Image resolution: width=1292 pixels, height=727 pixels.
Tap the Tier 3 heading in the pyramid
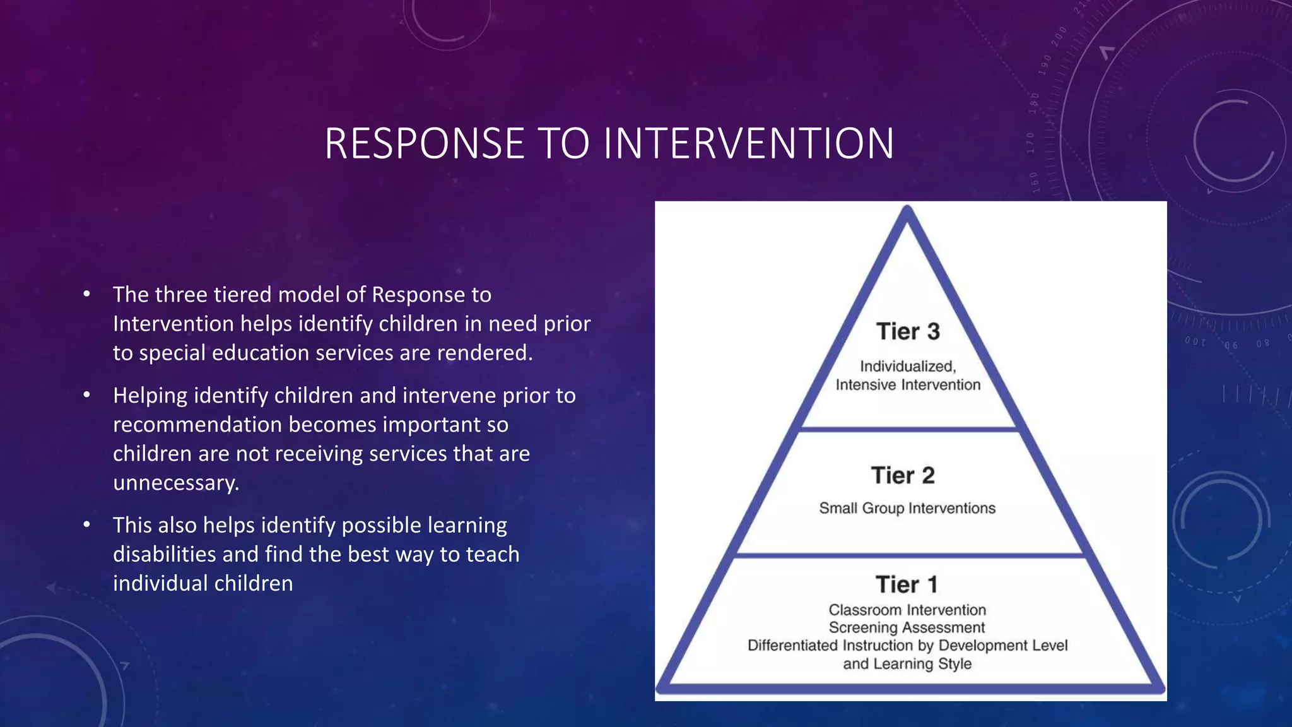(x=908, y=331)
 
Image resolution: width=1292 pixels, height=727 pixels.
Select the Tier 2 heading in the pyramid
(x=903, y=475)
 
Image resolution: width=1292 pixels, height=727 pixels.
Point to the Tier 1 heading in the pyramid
(x=907, y=584)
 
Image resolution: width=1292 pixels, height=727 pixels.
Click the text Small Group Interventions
(x=907, y=508)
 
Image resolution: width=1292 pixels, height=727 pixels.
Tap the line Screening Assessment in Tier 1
(x=907, y=627)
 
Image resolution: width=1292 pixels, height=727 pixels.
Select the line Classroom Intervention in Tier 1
(x=907, y=610)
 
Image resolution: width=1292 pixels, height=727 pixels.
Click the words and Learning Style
(x=907, y=663)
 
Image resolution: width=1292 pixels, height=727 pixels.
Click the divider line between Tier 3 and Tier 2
(x=907, y=429)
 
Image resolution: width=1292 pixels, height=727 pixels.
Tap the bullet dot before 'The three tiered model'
(x=87, y=295)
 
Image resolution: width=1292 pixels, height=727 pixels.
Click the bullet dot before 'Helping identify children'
(x=87, y=396)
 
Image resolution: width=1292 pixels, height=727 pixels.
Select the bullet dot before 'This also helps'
(x=87, y=525)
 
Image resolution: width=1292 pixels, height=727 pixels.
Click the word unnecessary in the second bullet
(x=175, y=483)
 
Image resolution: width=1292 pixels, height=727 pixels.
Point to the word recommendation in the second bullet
(x=197, y=425)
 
